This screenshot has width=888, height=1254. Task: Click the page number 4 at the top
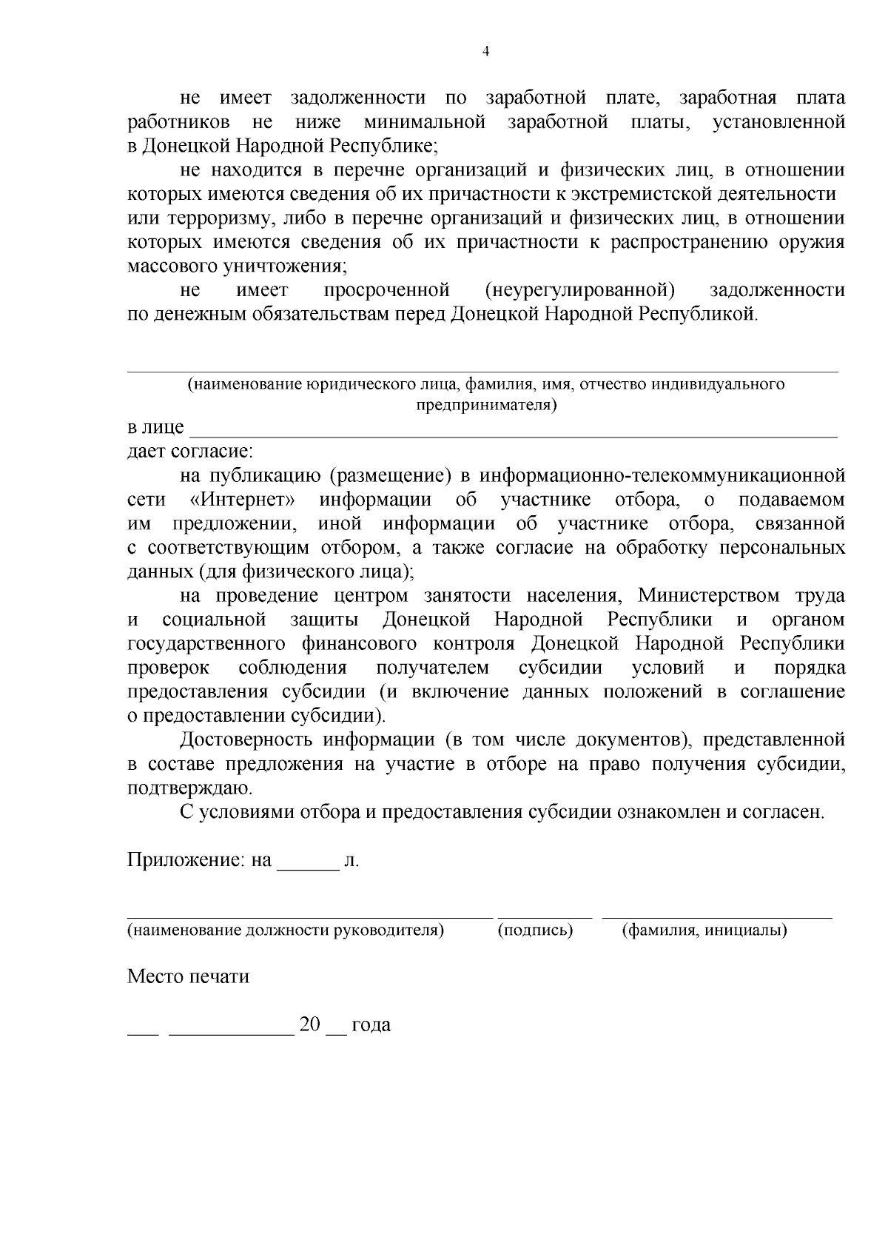pos(485,51)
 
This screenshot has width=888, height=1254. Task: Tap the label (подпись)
pos(536,930)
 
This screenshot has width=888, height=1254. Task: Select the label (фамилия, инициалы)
pos(705,930)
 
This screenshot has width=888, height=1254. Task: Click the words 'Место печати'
pos(188,976)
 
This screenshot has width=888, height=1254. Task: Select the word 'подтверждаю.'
pos(189,788)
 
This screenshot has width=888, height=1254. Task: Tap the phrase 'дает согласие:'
pos(190,451)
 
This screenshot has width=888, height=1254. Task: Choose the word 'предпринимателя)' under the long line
pos(485,405)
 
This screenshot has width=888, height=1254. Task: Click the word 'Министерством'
pos(709,595)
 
